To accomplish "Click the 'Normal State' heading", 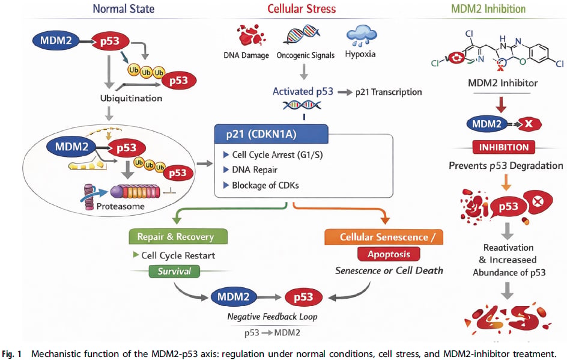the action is pos(124,8).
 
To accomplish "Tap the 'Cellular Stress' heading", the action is pos(302,8).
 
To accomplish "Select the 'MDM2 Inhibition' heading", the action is pos(488,8).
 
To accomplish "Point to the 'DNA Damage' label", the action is pos(246,55).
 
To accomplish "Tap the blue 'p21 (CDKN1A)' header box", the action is pos(271,134).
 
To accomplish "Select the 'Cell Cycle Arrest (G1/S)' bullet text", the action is pos(277,155).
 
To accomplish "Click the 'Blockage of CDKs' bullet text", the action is pos(265,185).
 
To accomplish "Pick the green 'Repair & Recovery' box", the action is pos(178,237).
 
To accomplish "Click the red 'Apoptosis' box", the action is pos(389,254).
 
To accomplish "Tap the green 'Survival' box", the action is pos(174,272).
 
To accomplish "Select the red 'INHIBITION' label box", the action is pos(504,147).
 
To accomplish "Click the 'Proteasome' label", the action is pos(120,206).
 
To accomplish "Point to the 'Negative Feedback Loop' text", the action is pos(272,317).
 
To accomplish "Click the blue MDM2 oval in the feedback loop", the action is pos(234,297).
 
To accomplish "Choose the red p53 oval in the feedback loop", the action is pos(303,297).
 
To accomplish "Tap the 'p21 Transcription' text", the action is pos(389,92).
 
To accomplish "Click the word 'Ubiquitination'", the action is pos(131,99).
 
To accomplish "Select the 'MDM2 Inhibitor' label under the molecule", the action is pos(503,83).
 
